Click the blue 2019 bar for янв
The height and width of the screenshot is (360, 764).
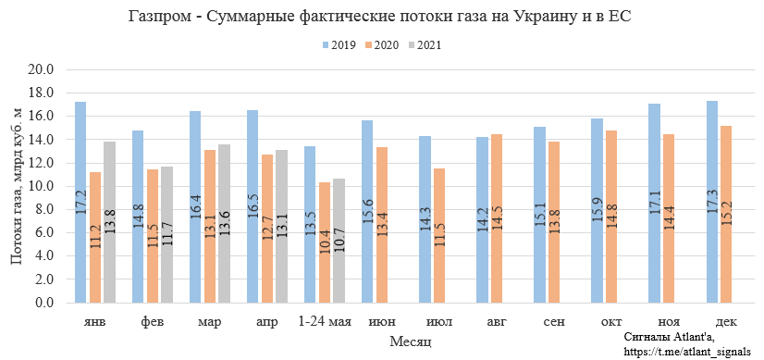coord(80,203)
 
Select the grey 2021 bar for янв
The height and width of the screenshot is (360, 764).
coord(109,222)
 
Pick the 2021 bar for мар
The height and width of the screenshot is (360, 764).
coord(224,223)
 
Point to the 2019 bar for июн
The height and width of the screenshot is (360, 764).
coord(367,212)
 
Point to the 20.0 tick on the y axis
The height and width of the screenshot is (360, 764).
coord(43,69)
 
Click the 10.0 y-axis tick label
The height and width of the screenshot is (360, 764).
coord(43,186)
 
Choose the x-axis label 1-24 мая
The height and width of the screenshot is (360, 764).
coord(324,321)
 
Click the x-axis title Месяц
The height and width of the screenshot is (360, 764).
coord(408,341)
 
